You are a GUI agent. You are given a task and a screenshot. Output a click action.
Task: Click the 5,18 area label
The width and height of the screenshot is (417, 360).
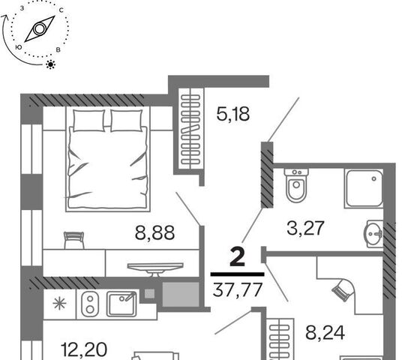(233, 114)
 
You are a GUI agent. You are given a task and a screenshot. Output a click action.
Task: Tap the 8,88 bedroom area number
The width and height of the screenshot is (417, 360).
(154, 232)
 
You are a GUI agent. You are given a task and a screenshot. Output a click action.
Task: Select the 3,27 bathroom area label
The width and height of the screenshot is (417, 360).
(305, 228)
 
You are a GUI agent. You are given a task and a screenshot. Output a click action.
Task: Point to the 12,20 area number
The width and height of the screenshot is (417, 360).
(84, 349)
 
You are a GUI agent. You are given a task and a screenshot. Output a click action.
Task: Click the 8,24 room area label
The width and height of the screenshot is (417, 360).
(325, 332)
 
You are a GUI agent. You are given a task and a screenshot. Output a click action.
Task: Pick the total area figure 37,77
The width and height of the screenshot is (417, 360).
(238, 289)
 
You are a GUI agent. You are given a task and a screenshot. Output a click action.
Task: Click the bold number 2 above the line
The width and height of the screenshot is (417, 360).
(237, 256)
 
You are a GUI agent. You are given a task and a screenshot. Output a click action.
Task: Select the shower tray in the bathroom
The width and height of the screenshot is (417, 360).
(364, 188)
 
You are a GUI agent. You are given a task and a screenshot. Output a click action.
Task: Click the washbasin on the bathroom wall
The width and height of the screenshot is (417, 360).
(373, 234)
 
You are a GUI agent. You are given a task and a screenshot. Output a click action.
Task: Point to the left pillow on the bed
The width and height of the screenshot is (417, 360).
(88, 121)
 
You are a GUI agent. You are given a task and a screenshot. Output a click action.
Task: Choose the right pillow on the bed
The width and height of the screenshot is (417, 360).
(126, 121)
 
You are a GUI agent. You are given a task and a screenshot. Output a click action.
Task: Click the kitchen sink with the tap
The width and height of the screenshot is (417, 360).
(121, 304)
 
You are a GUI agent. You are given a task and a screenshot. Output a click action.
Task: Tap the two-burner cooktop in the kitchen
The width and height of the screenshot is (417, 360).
(90, 304)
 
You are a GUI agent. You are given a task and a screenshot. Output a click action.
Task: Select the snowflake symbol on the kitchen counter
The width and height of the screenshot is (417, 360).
(59, 304)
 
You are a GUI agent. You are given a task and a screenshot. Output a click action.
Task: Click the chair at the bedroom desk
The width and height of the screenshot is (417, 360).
(74, 240)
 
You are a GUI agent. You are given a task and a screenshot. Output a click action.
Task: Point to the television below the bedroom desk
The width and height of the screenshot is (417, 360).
(155, 269)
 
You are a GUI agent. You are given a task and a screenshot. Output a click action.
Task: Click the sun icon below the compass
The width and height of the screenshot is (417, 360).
(50, 64)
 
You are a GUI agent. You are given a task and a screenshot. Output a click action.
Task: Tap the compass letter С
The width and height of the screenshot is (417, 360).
(61, 10)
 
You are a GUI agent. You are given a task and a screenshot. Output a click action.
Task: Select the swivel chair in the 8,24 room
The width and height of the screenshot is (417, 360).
(343, 289)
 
